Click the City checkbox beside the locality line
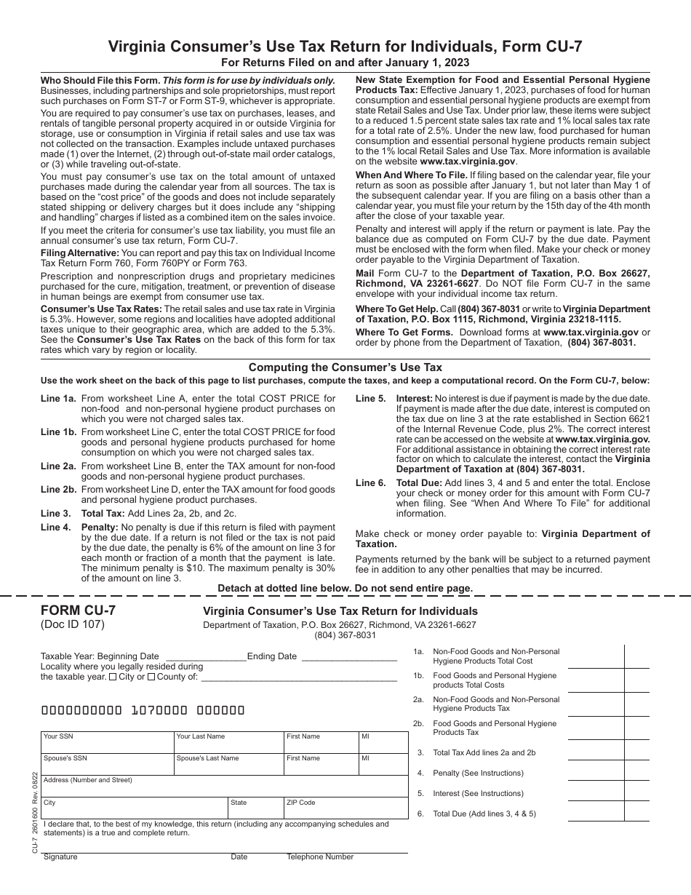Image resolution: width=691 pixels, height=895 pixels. [x=112, y=677]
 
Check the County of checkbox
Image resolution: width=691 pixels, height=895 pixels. [x=151, y=677]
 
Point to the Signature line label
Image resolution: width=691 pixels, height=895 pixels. [x=60, y=856]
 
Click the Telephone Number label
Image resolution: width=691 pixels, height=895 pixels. [x=320, y=856]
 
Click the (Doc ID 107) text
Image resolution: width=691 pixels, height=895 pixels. [x=73, y=624]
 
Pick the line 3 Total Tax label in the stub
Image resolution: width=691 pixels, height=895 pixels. [x=484, y=752]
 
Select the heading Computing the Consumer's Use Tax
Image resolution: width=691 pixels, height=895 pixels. [x=345, y=367]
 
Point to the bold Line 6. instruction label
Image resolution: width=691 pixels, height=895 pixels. [x=371, y=483]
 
